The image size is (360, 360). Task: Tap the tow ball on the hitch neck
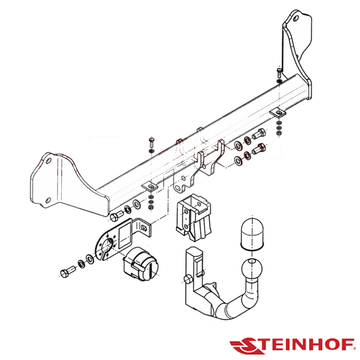(x=252, y=268)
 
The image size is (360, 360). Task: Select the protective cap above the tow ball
(x=252, y=233)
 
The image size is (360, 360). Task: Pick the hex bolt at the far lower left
(x=68, y=271)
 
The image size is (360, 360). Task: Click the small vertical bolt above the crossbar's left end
(x=152, y=143)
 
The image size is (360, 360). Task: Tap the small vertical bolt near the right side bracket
(x=280, y=73)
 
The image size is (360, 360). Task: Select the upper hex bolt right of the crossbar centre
(x=259, y=134)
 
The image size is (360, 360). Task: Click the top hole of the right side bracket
(x=296, y=18)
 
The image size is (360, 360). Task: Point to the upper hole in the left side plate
(x=49, y=160)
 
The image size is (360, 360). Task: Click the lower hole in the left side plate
(x=48, y=200)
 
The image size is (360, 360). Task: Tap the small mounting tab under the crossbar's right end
(x=277, y=112)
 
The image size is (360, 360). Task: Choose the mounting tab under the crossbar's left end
(x=149, y=187)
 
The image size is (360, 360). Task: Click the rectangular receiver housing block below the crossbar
(x=193, y=217)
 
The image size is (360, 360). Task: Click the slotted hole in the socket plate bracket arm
(x=144, y=228)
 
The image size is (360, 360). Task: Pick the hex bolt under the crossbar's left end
(x=117, y=215)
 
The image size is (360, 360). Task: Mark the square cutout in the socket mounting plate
(x=125, y=237)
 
